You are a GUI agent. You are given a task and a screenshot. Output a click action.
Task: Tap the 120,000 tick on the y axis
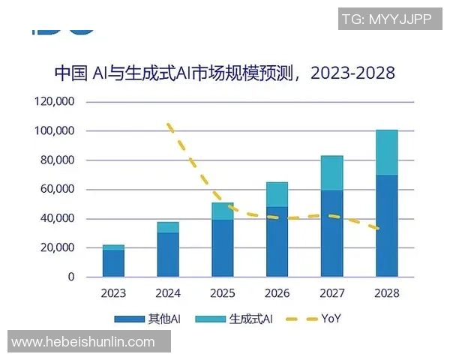tap(55, 101)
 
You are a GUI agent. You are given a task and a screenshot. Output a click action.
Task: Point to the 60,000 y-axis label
tap(57, 189)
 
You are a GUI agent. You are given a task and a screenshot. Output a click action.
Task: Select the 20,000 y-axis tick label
tap(57, 247)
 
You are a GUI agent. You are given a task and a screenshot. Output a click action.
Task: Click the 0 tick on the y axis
tap(71, 277)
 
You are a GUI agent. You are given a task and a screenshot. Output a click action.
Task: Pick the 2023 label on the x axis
tap(113, 292)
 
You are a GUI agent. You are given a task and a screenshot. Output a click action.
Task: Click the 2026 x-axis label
tap(277, 292)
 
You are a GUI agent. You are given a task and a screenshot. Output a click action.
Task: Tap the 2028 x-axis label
tap(386, 292)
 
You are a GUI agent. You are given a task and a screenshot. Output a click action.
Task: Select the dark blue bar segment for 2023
tap(113, 263)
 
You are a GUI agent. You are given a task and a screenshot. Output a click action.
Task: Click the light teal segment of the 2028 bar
tap(386, 152)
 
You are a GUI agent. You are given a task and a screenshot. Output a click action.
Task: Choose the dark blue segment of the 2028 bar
tap(386, 226)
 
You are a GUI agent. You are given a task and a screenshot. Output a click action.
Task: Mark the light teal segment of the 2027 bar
tap(331, 173)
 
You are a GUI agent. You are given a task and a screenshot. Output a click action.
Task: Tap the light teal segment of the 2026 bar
tap(277, 194)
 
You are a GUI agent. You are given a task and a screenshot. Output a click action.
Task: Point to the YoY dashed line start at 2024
tap(169, 124)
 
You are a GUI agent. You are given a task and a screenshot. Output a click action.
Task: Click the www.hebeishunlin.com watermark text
tap(84, 342)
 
